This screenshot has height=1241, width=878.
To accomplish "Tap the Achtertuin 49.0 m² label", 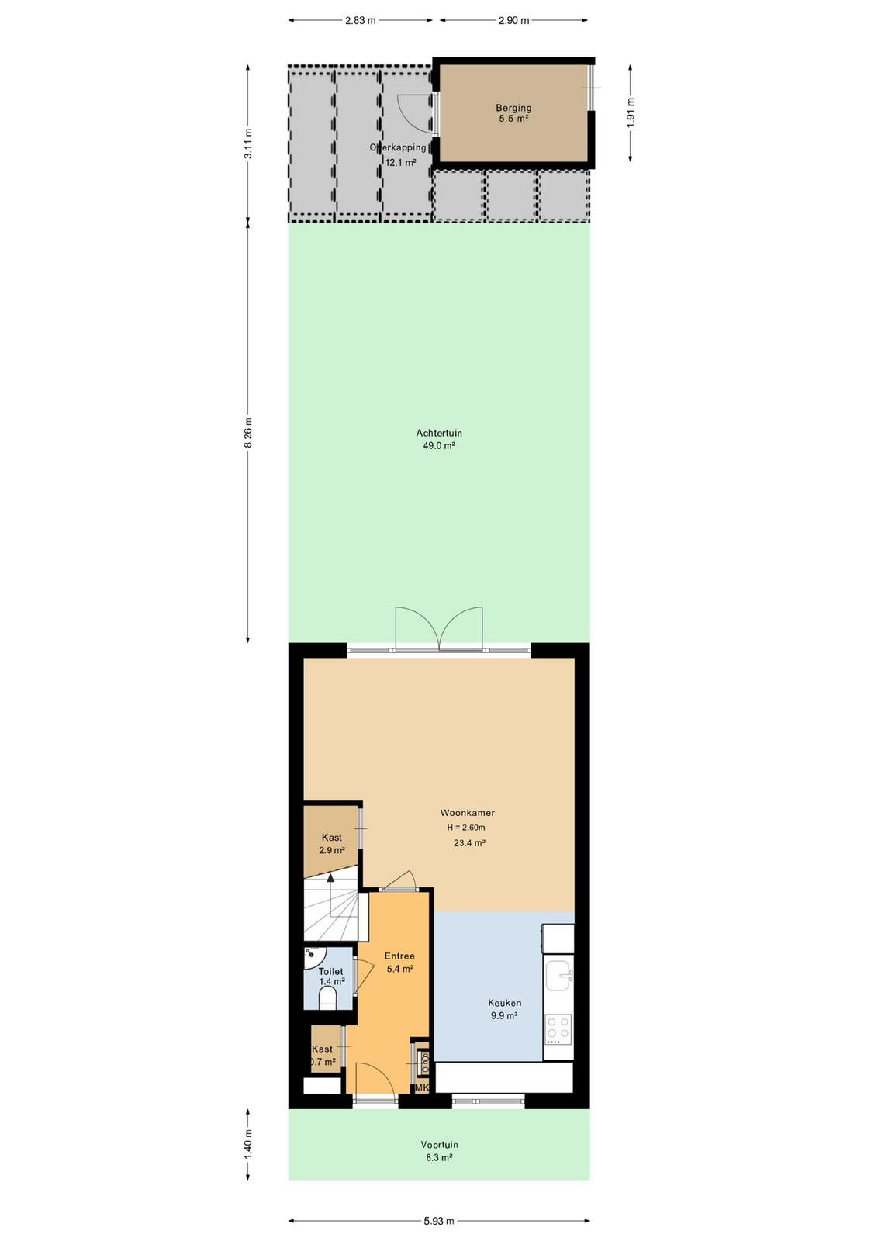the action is (x=439, y=439).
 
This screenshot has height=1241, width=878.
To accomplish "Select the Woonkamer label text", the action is (x=467, y=813).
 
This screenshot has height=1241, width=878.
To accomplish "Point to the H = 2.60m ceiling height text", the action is (x=466, y=828).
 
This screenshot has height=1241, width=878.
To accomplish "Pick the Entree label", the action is (x=399, y=956).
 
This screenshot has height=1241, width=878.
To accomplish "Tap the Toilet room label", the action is (x=330, y=972).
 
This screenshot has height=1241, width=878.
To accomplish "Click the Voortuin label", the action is (x=439, y=1145).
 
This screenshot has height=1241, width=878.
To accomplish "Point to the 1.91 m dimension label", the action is (x=631, y=113).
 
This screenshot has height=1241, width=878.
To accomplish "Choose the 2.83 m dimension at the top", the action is (x=360, y=20).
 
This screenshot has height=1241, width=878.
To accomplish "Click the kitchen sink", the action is (x=559, y=976).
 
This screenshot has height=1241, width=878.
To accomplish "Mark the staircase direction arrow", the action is (x=330, y=895).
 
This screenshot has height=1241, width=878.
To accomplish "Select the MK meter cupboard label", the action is (x=422, y=1088).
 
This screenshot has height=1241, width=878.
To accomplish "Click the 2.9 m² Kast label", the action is (x=332, y=844).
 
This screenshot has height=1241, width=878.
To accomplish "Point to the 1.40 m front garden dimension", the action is (x=248, y=1143).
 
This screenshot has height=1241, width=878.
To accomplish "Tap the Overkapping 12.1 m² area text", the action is (x=398, y=155).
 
